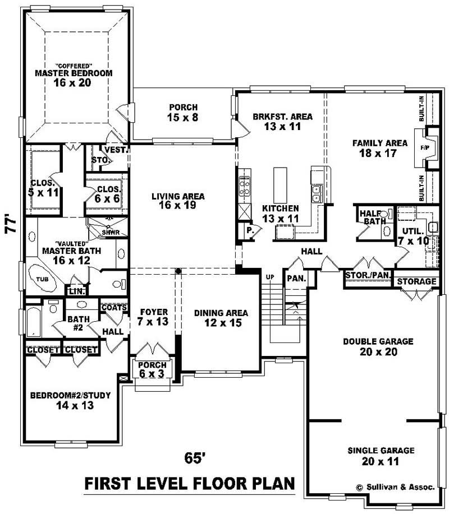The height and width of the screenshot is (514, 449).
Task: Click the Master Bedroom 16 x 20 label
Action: point(74,73)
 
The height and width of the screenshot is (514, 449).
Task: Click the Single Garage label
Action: point(381,450)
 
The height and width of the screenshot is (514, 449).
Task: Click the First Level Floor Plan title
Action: point(189,484)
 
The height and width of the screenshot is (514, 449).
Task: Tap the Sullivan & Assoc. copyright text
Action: point(395,488)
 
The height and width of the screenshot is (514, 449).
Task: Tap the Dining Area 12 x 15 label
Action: point(221,318)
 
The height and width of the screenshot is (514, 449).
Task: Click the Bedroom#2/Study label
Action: point(71,399)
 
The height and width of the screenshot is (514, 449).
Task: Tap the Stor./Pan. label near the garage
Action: point(368,275)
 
